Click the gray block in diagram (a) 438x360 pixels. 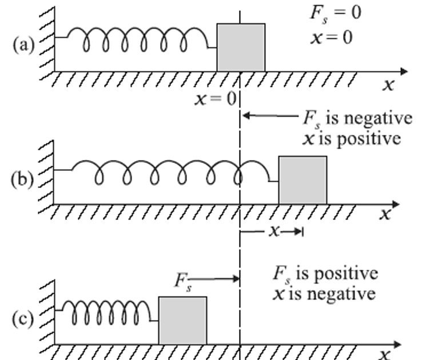[241, 47]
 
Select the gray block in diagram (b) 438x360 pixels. [302, 180]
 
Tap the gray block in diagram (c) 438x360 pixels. [182, 320]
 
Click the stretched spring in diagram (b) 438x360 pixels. [172, 171]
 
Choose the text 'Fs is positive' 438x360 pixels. [325, 274]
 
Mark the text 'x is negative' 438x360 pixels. [324, 293]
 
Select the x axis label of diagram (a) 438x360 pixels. [389, 86]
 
